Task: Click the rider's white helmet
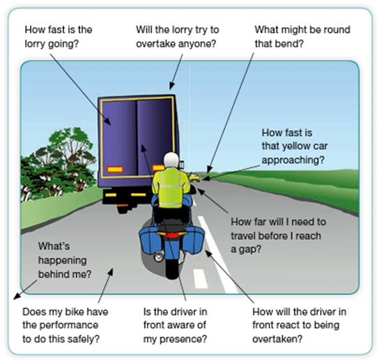171,160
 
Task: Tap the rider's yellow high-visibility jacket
171,187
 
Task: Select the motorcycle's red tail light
171,235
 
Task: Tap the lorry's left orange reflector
115,170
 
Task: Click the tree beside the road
59,164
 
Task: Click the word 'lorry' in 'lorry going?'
36,44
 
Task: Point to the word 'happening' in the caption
63,261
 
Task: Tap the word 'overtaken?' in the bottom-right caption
277,339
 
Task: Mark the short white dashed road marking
200,278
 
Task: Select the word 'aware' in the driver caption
182,325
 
